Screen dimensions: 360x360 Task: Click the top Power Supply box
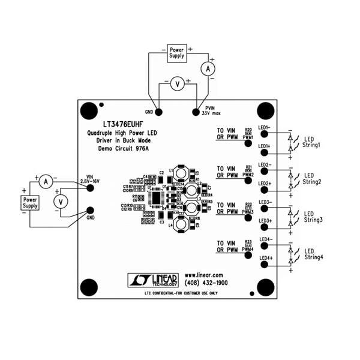(x=176, y=53)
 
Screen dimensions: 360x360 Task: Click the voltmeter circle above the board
(x=177, y=85)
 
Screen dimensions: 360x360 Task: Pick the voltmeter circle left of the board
(x=59, y=202)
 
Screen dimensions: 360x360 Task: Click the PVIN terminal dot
(x=196, y=112)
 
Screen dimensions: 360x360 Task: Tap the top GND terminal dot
(x=159, y=112)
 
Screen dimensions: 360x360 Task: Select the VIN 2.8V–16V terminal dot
(x=91, y=188)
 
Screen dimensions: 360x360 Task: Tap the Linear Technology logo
(x=154, y=278)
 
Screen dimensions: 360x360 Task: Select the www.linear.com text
(x=203, y=274)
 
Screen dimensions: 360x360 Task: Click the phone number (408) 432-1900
(x=206, y=282)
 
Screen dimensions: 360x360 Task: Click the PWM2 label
(x=248, y=175)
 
